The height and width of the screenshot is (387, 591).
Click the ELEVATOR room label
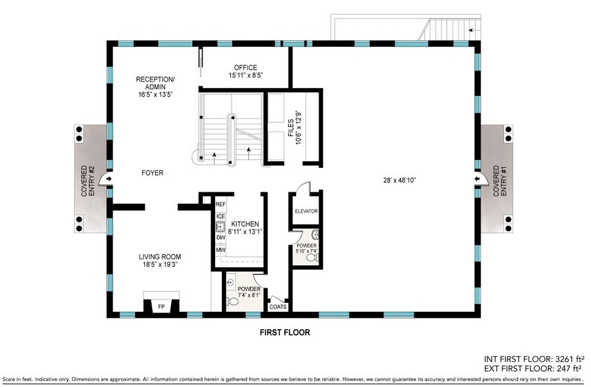click(x=306, y=211)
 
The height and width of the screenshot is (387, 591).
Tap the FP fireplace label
click(x=161, y=307)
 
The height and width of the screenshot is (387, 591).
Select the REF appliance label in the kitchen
click(x=220, y=204)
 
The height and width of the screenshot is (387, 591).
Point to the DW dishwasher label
click(x=220, y=238)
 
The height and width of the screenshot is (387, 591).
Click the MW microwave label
click(x=220, y=250)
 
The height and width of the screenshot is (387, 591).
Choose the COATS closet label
click(x=278, y=307)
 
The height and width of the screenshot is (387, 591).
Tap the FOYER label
click(x=152, y=173)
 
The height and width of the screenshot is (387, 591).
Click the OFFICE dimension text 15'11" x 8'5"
click(x=245, y=75)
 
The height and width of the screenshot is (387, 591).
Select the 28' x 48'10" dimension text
click(x=399, y=180)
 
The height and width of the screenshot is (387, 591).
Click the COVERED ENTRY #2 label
click(x=88, y=181)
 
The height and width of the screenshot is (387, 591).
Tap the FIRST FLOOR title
click(x=285, y=332)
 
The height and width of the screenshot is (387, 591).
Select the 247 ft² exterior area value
click(x=567, y=368)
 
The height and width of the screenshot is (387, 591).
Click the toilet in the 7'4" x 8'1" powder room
click(x=232, y=301)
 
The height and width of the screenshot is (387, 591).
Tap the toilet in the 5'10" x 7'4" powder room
click(x=312, y=258)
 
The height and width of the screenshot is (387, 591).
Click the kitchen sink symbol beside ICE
click(x=220, y=227)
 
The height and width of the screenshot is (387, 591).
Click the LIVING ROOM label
click(x=160, y=257)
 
